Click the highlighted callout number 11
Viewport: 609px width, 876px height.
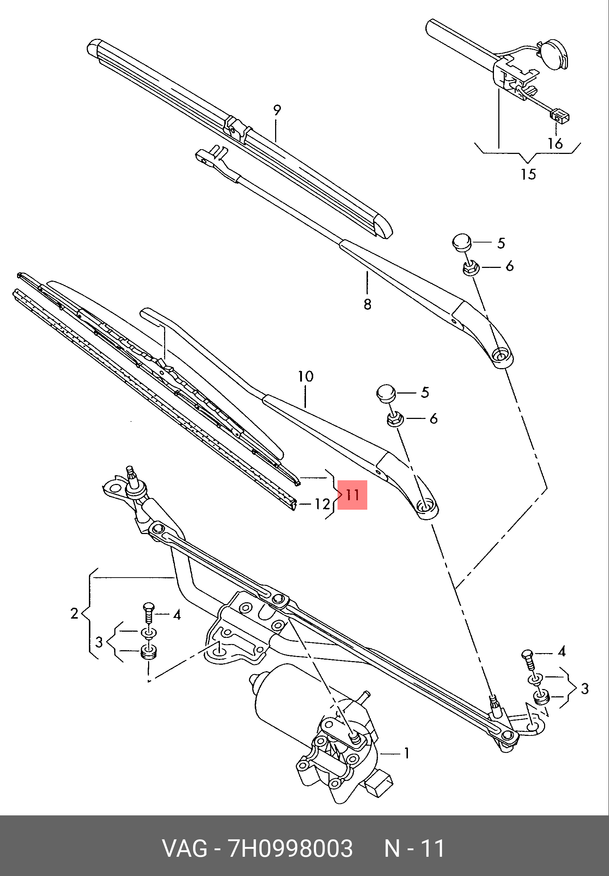pos(352,495)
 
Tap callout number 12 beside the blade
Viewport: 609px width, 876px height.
pos(322,504)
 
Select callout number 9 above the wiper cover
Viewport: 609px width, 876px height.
pos(277,110)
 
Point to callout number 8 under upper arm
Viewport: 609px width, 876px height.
pos(367,304)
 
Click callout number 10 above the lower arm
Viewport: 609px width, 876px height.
pos(306,376)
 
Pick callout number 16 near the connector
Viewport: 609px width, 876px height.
pos(555,143)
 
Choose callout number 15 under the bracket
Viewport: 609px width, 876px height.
pos(528,174)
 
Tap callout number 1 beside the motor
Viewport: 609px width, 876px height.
pos(406,753)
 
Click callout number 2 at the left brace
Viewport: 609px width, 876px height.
pos(74,613)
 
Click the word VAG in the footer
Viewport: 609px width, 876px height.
pos(185,848)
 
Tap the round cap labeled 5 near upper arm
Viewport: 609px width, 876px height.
pos(462,242)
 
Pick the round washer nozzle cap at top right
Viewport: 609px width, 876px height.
pos(554,55)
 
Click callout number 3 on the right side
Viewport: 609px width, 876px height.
pos(585,689)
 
